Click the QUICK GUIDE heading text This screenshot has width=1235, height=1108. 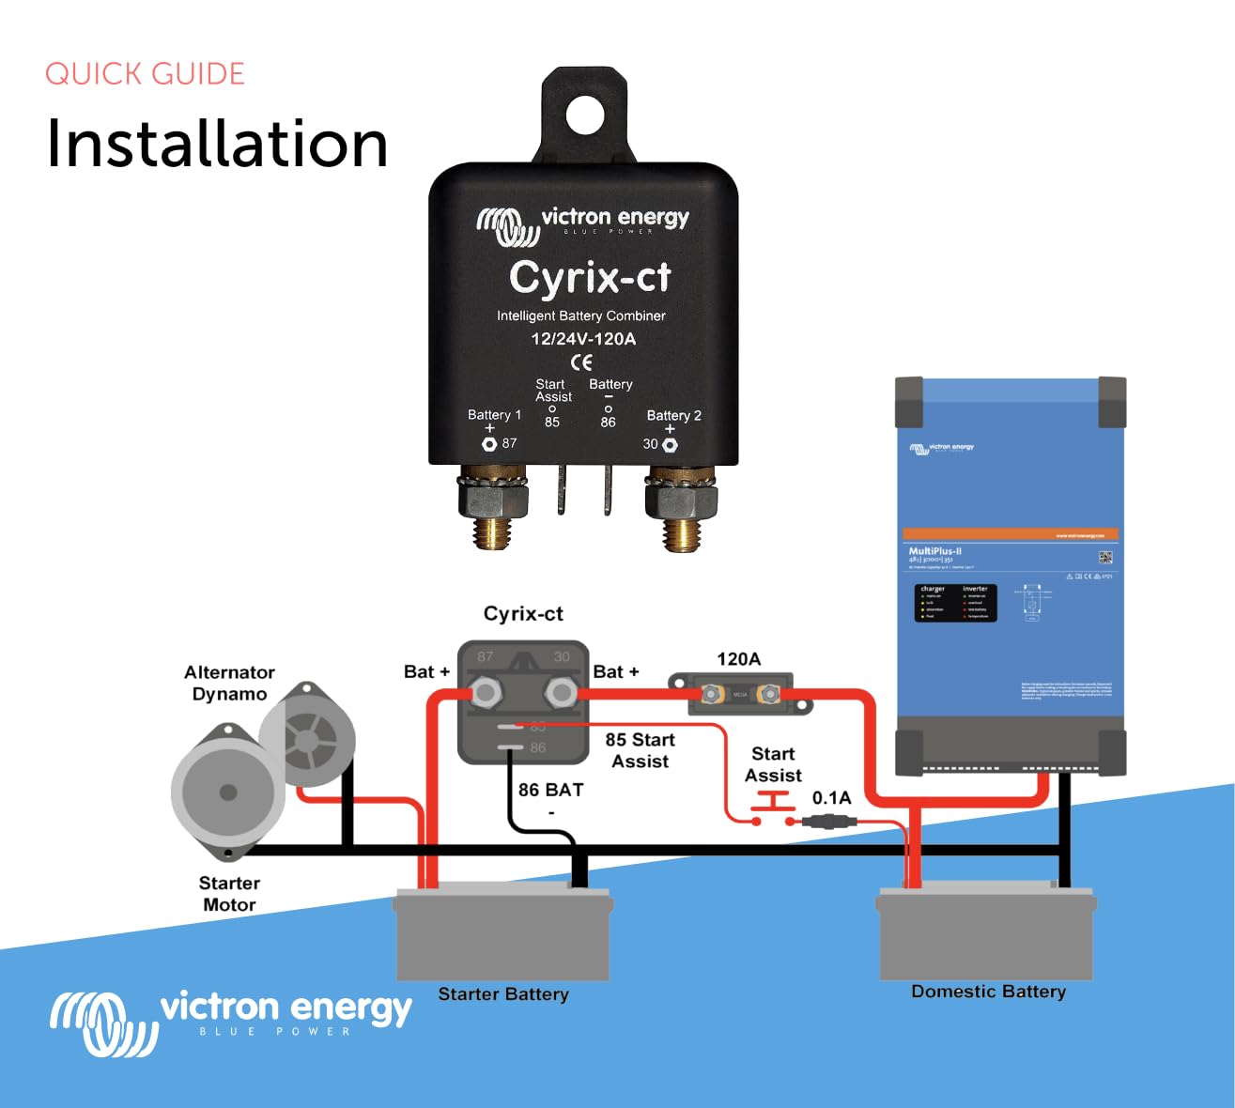[145, 74]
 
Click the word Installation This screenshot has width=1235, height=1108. [217, 144]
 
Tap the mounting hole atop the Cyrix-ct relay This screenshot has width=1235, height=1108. [584, 115]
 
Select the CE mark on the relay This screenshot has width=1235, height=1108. [582, 362]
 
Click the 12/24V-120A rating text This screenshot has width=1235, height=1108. [583, 339]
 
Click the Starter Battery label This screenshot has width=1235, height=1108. [503, 994]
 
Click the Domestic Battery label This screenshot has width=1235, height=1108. [988, 992]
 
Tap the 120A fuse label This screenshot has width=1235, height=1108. [738, 659]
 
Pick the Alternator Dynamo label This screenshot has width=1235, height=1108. [229, 684]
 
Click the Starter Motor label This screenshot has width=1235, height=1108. [229, 894]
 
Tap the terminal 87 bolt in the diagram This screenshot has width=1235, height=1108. [486, 694]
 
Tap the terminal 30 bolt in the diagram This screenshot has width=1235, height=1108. [561, 694]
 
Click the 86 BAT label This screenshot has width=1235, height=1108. [550, 791]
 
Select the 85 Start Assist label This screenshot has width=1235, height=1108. [640, 750]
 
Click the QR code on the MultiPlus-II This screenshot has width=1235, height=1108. [1105, 557]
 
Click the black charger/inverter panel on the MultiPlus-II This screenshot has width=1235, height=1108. [955, 603]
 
